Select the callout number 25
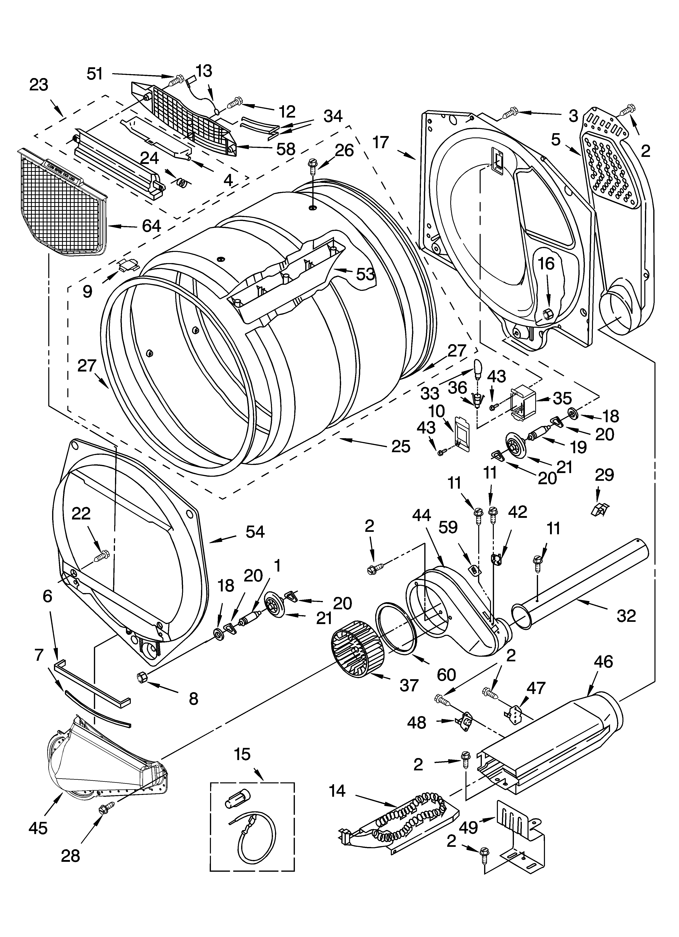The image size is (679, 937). [400, 446]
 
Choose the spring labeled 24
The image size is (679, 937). [182, 181]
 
